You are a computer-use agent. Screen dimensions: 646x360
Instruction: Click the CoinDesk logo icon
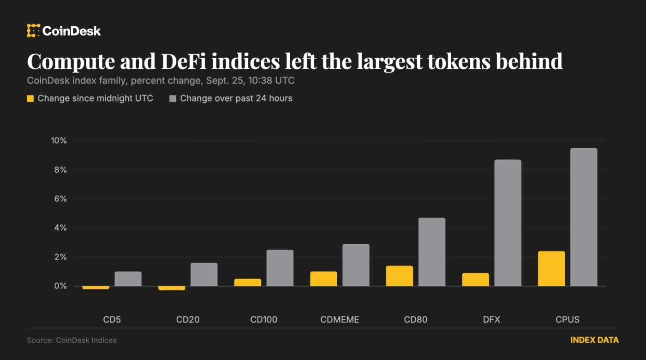point(33,30)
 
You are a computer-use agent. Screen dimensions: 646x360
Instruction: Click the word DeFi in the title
point(184,61)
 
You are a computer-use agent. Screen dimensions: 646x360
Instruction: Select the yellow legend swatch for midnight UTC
point(30,99)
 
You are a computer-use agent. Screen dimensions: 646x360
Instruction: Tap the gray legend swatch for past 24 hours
point(173,99)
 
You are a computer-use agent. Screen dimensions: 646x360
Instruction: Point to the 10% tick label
point(59,140)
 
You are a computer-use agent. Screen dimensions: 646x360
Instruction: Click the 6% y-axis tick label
point(60,199)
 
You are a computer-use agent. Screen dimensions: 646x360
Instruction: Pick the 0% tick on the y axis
point(60,286)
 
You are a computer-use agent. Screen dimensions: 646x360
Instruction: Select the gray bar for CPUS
point(584,217)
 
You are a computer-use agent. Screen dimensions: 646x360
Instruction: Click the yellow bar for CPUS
point(551,269)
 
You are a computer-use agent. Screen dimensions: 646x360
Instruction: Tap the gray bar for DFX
point(508,222)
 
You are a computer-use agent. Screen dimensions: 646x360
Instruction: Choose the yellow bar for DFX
point(476,280)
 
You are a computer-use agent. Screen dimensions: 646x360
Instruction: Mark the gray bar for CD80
point(432,252)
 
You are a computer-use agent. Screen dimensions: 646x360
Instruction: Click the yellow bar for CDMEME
point(323,279)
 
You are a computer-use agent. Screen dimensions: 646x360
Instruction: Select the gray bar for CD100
point(280,268)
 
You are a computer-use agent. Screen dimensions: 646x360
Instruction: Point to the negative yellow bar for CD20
point(172,288)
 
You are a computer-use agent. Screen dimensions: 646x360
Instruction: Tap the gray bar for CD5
point(128,279)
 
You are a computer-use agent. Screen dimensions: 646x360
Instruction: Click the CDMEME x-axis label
point(340,319)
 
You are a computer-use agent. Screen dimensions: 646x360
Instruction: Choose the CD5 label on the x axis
point(112,319)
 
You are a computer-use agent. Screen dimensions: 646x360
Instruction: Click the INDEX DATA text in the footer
point(595,340)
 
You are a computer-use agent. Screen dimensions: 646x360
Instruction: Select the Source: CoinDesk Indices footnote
point(72,341)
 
